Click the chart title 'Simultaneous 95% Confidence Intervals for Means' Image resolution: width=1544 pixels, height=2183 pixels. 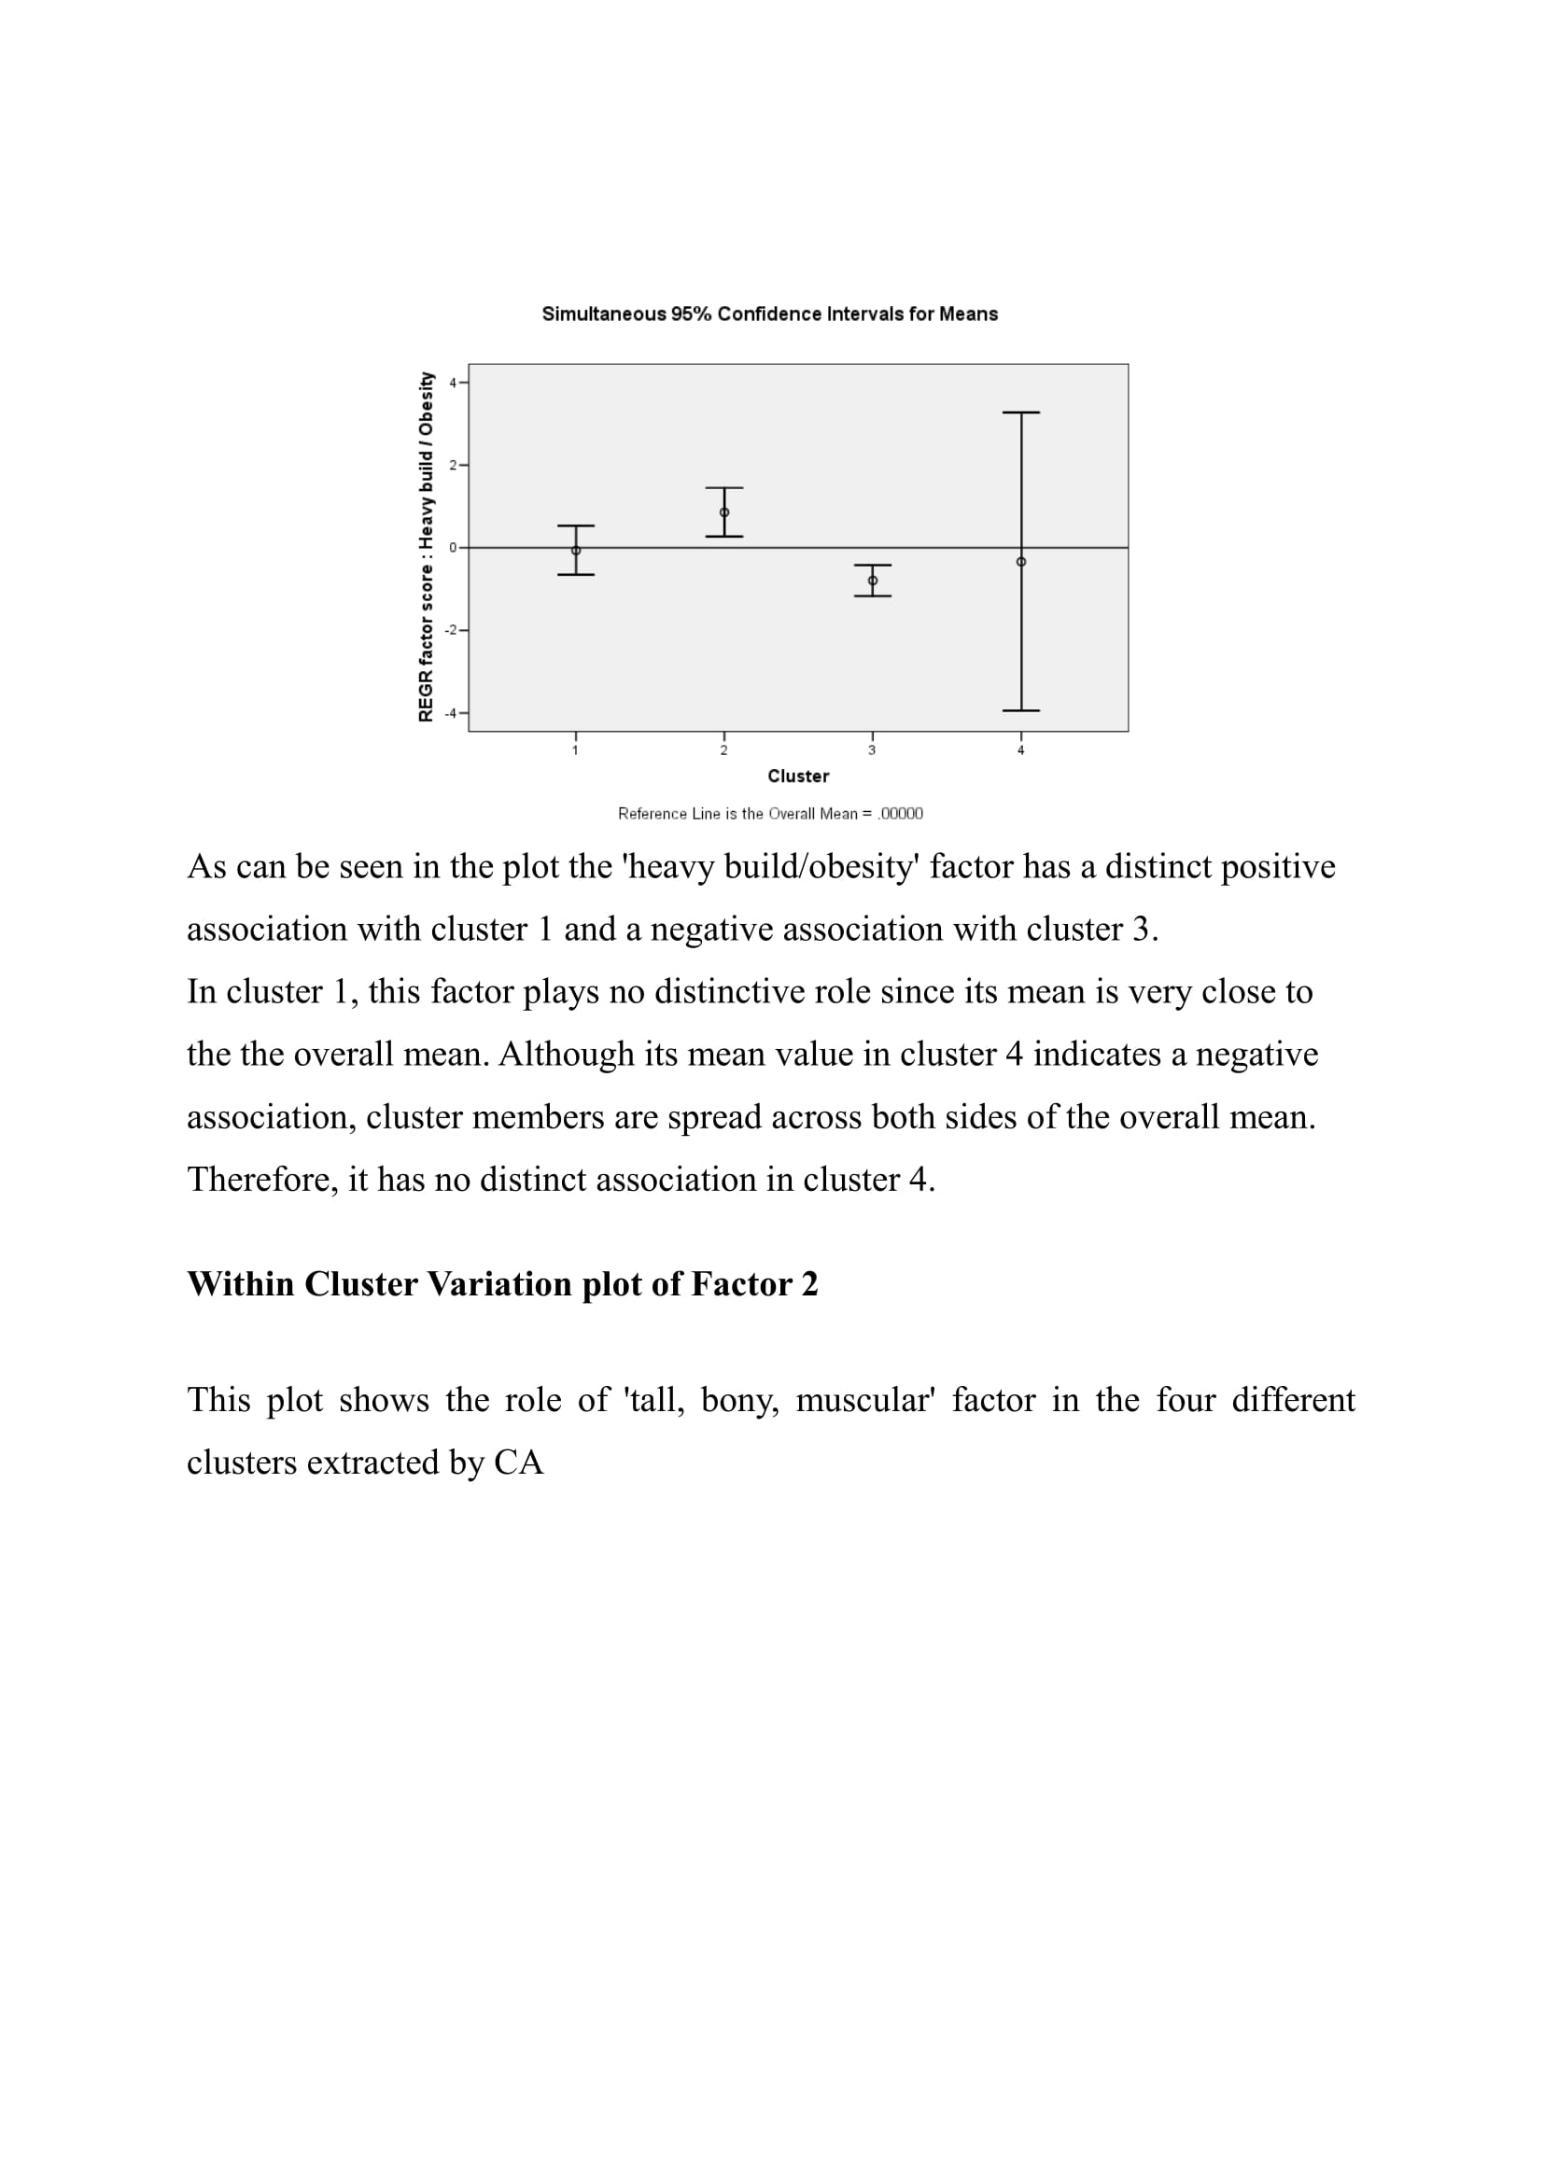tap(769, 314)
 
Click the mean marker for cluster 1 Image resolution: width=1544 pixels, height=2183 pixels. tap(576, 551)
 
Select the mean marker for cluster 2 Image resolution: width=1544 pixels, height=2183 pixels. tap(724, 512)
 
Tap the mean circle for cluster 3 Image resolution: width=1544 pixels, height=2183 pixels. tap(873, 580)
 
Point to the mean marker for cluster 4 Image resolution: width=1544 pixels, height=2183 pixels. tap(1021, 562)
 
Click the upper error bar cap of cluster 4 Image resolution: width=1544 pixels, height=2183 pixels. tap(1021, 413)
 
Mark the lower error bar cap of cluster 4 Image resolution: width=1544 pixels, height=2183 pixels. tap(1021, 710)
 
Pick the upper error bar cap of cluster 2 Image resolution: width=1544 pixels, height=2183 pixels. tap(724, 488)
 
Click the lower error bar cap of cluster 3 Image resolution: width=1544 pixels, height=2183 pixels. tap(873, 596)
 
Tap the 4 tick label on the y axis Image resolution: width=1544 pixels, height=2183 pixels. tap(454, 384)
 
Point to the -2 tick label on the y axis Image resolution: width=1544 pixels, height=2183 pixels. tap(452, 630)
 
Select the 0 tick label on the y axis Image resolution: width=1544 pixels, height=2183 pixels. tap(454, 548)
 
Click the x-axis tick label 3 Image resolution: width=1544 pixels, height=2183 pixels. tap(872, 750)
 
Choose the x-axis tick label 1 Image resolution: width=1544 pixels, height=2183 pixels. tap(575, 750)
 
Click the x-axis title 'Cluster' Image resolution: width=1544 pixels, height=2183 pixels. tap(797, 776)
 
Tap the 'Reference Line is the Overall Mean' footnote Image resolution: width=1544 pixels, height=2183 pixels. tap(770, 813)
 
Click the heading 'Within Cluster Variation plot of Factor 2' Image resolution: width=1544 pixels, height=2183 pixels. tap(502, 1283)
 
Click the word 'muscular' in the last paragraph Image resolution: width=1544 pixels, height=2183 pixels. tap(865, 1401)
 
